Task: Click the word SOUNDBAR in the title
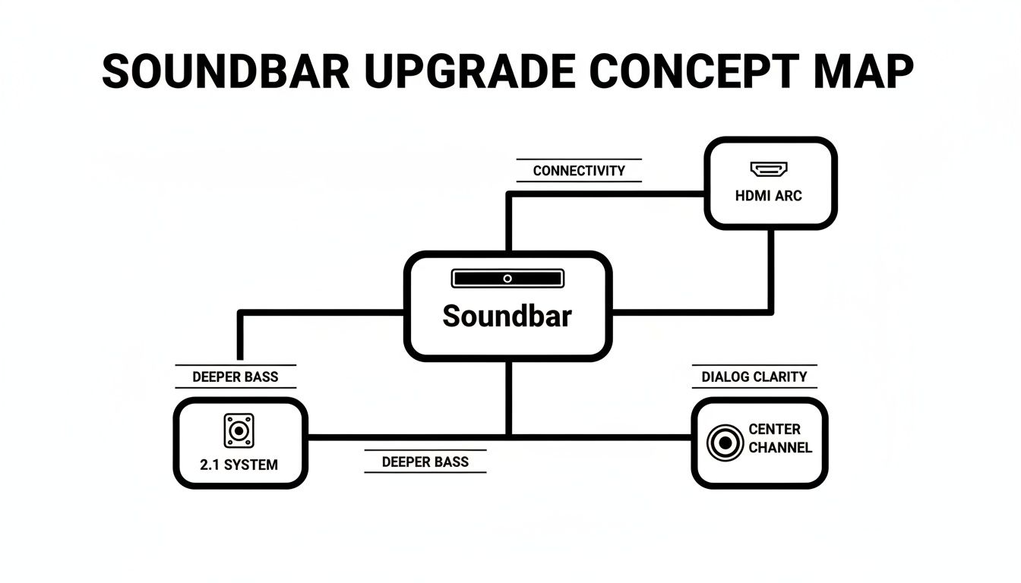coord(226,73)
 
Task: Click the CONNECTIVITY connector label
coord(579,171)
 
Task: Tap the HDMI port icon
coord(769,169)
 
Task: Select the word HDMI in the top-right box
coord(753,196)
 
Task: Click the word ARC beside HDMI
coord(788,196)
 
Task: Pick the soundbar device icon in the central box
coord(507,279)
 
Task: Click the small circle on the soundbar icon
coord(507,279)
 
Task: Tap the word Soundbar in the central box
coord(507,316)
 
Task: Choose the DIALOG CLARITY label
coord(754,377)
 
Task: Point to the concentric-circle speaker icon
coord(725,443)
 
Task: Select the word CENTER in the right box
coord(774,430)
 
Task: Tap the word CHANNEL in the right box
coord(780,447)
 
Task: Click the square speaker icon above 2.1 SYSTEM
coord(239,430)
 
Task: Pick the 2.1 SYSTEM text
coord(239,465)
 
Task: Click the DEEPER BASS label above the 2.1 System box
coord(235,377)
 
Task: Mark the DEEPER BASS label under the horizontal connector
coord(425,462)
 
